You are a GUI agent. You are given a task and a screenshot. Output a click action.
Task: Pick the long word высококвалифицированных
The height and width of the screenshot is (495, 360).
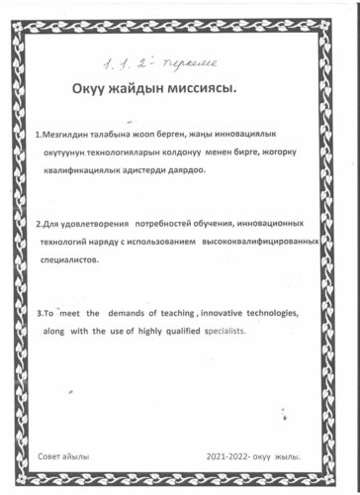(x=287, y=242)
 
